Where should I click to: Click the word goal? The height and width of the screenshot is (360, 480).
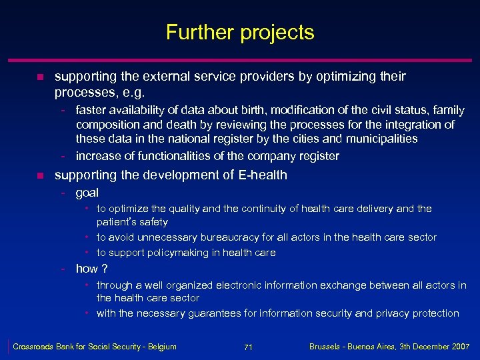[87, 193]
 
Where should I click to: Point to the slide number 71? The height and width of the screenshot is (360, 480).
[247, 347]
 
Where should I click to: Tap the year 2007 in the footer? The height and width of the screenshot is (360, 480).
[459, 347]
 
